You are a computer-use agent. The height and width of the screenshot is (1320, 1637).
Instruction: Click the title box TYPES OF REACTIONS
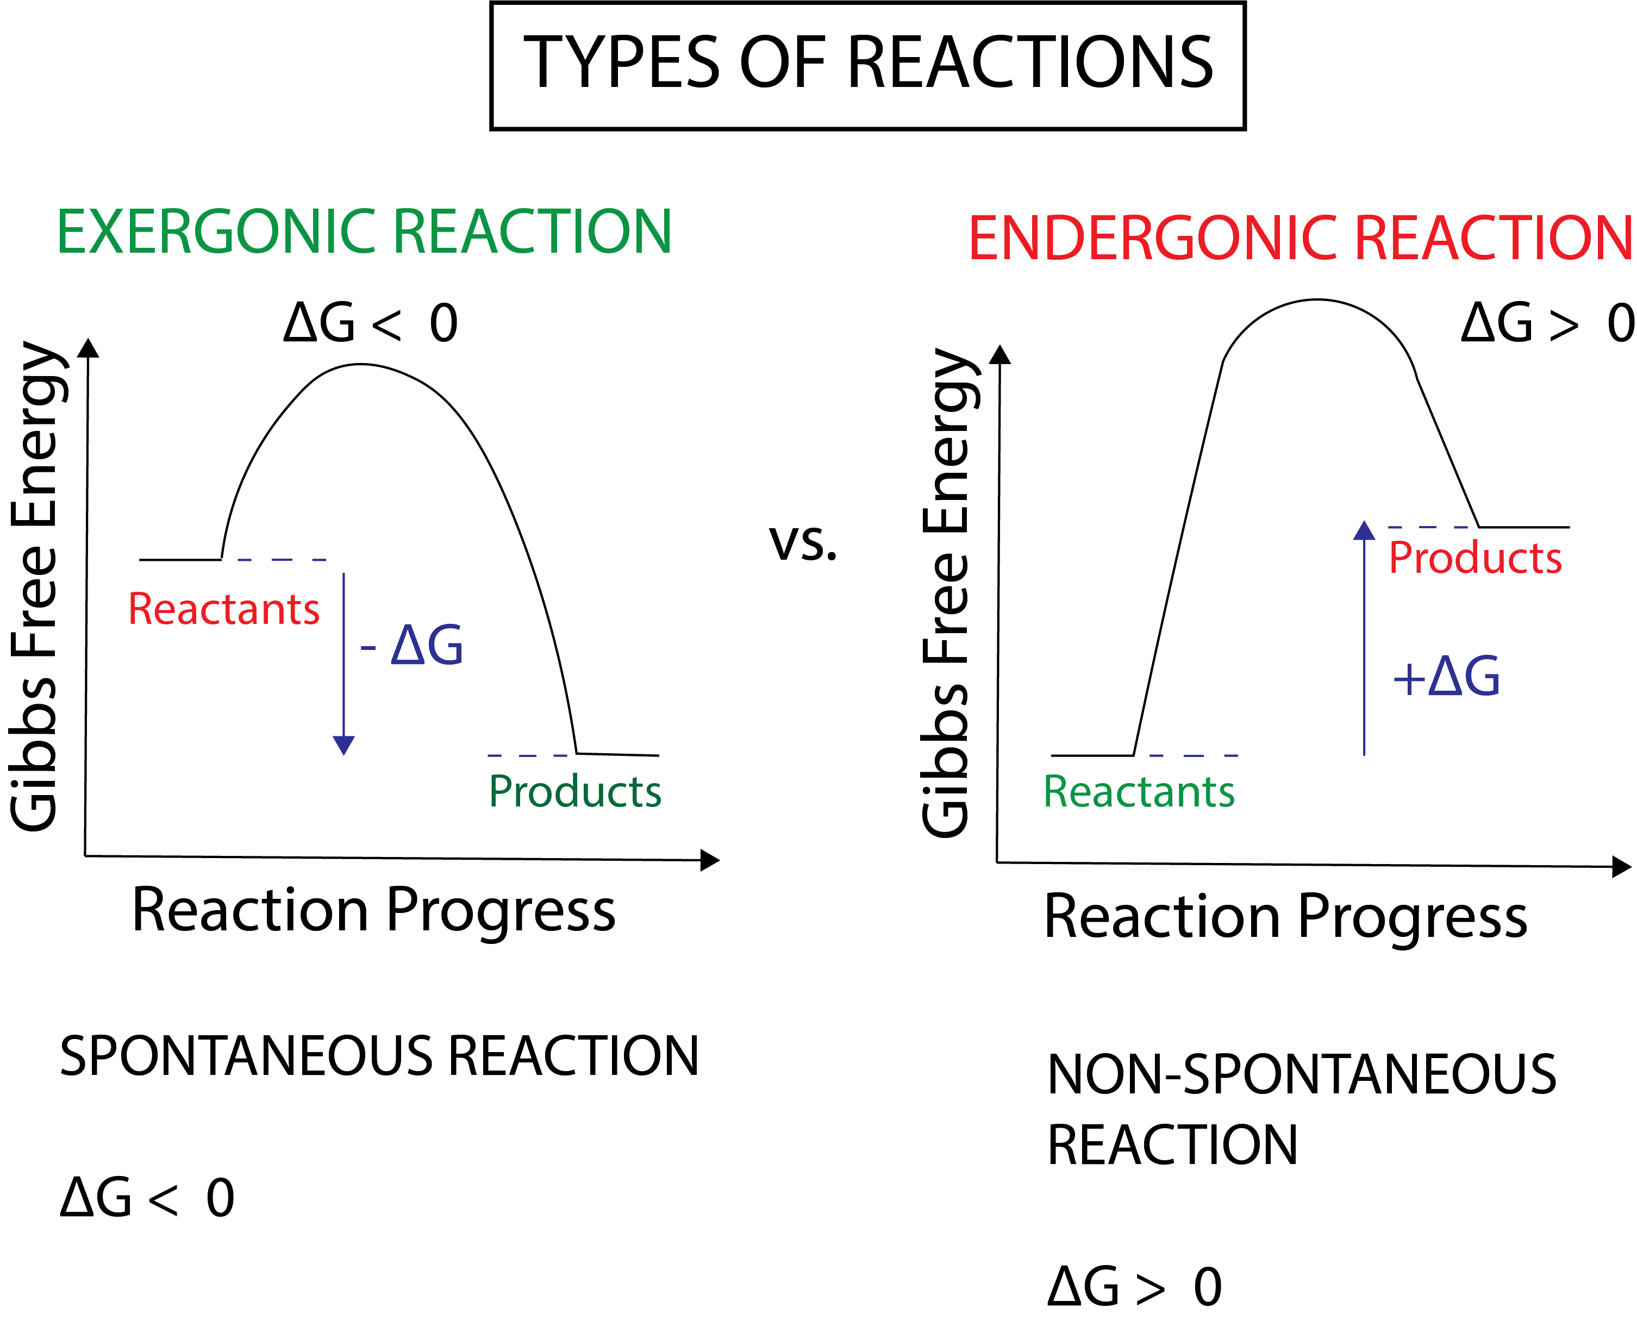(867, 65)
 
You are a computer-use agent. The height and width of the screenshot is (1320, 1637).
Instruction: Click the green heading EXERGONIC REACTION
(364, 232)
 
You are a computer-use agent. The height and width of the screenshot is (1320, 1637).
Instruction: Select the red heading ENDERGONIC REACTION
(1299, 239)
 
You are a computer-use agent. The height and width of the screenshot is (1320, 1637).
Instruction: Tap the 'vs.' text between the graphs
(802, 543)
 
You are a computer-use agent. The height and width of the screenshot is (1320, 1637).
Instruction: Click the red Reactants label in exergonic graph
(223, 610)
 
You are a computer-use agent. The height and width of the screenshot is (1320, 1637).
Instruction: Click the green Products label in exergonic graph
(575, 792)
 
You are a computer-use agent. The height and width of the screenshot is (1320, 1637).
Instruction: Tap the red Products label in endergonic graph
(1475, 558)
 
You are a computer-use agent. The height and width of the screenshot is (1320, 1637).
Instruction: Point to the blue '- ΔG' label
(412, 646)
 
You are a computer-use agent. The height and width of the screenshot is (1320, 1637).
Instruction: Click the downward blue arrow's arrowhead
(343, 745)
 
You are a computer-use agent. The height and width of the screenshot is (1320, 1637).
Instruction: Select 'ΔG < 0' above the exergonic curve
(370, 324)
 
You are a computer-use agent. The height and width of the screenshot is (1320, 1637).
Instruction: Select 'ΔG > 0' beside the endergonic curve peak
(1547, 324)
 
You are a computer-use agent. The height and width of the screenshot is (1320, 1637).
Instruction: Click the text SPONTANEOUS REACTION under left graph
(379, 1057)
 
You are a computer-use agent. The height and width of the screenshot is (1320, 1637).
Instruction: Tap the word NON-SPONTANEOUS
(1302, 1075)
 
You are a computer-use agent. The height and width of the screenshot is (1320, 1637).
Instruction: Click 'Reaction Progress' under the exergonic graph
(373, 911)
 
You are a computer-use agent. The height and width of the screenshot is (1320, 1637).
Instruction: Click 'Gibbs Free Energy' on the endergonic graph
(947, 593)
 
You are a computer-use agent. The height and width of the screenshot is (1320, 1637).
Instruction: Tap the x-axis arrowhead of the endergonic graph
(1622, 867)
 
